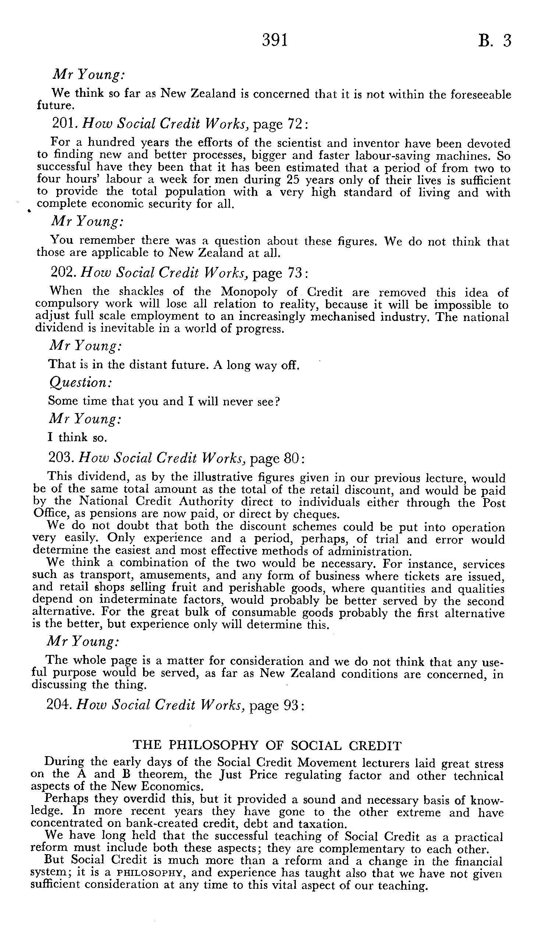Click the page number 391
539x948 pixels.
pos(275,40)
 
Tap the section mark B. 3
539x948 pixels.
pos(494,40)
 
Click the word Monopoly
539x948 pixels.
pos(251,292)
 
